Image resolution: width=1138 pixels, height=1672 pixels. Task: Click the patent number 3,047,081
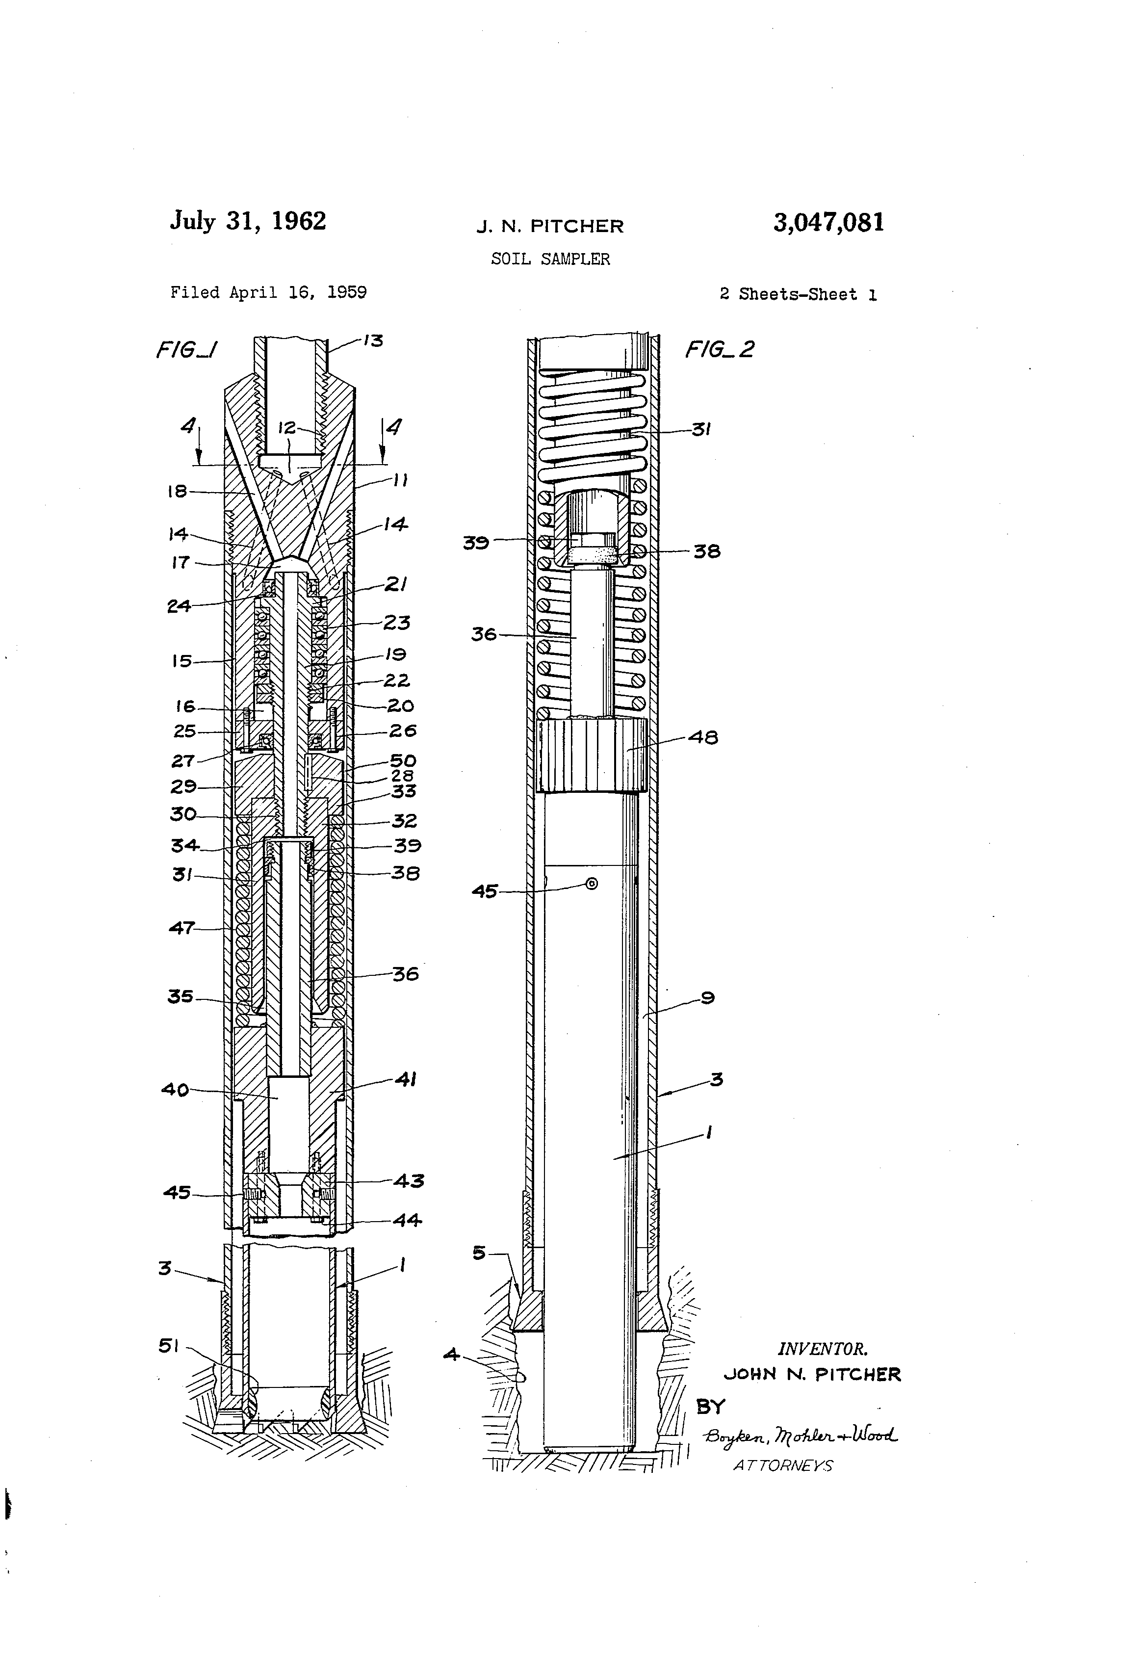828,223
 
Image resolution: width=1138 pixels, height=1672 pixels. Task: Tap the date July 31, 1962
248,221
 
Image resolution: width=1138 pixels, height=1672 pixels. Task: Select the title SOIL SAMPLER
550,259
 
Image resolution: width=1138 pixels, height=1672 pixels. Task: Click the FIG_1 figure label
187,350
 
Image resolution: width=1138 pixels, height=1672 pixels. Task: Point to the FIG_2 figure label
719,350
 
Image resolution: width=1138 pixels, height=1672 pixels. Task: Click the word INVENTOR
822,1349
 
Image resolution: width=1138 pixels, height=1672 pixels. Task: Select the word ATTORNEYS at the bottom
783,1465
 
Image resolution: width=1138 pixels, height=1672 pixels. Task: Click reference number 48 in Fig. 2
703,737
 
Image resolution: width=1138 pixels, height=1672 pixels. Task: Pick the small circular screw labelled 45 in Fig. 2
591,884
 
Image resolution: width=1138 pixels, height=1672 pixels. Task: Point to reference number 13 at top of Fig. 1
373,340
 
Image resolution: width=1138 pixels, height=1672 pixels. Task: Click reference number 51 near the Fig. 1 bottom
168,1345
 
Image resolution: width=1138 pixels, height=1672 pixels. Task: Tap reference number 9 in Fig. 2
707,998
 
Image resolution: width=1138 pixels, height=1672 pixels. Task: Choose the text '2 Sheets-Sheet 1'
798,294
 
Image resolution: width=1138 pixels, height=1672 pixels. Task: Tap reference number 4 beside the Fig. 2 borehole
451,1355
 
